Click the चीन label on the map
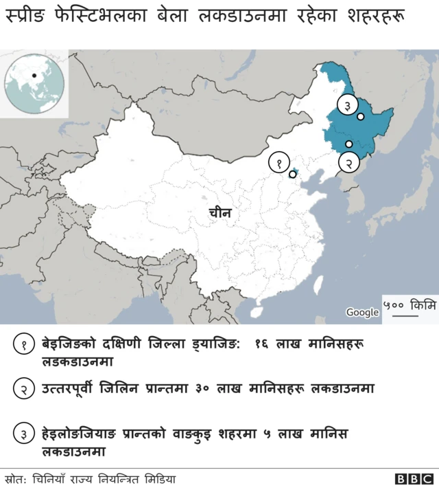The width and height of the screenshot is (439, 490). [220, 214]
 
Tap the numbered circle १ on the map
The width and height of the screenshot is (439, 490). [279, 163]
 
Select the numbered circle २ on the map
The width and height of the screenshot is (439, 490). [349, 163]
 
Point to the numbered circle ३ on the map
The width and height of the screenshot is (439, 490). [348, 105]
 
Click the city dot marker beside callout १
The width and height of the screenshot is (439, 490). [293, 175]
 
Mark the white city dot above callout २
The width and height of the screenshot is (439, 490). [349, 144]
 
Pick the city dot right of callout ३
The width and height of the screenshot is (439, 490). [361, 117]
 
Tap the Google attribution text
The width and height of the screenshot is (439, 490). [362, 312]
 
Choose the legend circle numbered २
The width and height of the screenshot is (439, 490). [24, 388]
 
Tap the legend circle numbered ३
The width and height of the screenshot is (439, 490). [24, 434]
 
